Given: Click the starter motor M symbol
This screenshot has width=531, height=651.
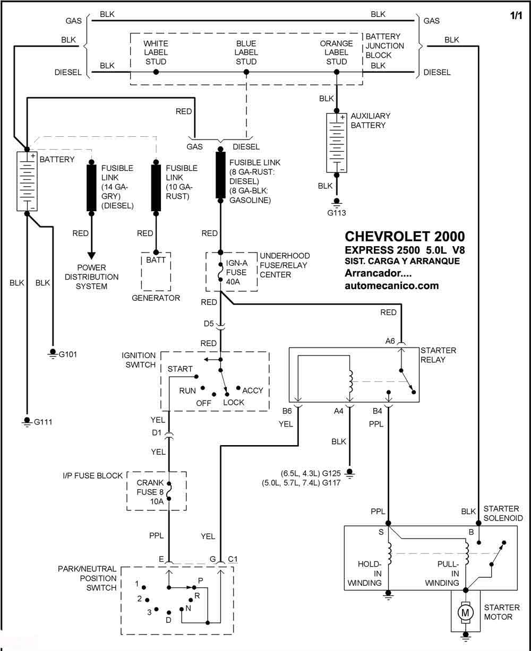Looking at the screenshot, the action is (465, 612).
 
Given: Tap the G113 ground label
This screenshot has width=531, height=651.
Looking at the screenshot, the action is (337, 213).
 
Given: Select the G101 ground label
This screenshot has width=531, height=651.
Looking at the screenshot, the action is (67, 354).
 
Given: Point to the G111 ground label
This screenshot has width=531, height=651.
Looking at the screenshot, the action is (43, 422).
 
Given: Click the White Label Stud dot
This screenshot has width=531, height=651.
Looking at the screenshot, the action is (156, 72).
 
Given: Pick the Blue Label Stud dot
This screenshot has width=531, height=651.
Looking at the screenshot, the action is (246, 72).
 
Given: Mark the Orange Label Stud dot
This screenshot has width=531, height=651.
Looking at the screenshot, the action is (337, 72).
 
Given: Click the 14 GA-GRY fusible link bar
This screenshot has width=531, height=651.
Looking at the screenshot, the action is (91, 188).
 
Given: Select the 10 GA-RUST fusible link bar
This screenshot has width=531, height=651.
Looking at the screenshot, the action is (156, 188).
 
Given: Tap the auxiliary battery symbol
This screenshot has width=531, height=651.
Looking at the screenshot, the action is (337, 143).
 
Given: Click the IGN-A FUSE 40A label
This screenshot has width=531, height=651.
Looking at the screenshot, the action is (236, 272).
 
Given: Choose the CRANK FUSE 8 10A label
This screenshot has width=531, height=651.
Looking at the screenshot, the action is (150, 492).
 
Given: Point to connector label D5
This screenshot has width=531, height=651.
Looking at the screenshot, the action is (209, 323).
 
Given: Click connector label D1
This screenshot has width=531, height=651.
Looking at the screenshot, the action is (156, 432).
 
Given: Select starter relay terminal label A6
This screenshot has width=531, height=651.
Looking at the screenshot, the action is (390, 341).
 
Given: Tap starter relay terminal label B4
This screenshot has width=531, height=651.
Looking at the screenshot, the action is (377, 411).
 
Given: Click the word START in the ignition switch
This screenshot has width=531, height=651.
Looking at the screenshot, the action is (180, 369).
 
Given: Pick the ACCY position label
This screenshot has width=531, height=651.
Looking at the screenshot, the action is (253, 390).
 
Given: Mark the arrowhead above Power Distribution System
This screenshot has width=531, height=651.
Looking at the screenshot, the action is (91, 256).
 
